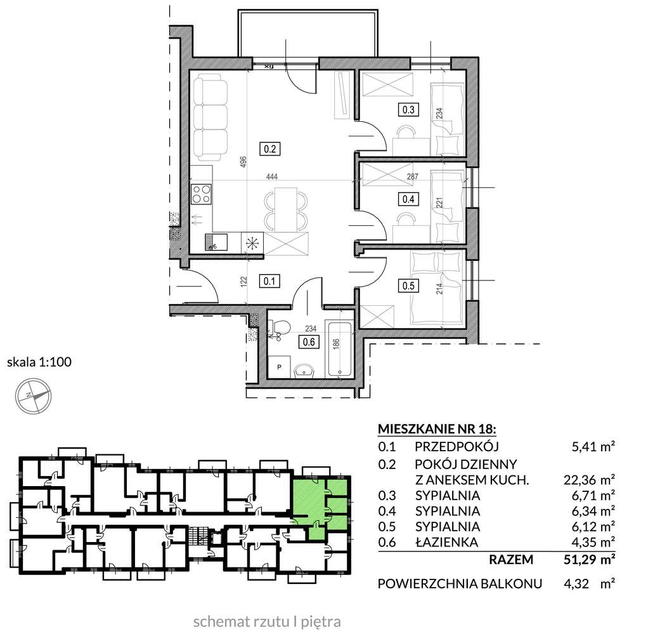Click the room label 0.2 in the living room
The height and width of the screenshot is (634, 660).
coord(270,149)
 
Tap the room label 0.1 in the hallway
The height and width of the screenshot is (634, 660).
coord(269,281)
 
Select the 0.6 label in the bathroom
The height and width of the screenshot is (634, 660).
coord(309,341)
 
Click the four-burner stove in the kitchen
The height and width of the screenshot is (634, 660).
coord(201,194)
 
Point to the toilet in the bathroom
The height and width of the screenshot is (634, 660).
coord(279,328)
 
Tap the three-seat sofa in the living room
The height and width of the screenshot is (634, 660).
coord(210,117)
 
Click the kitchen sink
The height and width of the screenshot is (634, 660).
coord(216,242)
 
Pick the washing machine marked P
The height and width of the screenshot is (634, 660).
coord(280,366)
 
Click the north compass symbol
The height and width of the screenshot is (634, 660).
coord(33,396)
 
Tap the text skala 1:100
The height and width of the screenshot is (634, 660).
coord(39,362)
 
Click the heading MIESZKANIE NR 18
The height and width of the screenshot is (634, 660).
coord(437,429)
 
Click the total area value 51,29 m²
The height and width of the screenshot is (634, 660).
coord(589,560)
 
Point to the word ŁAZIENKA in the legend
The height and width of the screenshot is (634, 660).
coord(446,542)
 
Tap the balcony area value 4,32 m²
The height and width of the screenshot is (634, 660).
coord(589,584)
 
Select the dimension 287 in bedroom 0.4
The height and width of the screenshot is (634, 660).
coord(413,176)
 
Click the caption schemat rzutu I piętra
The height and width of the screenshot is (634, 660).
coord(267,622)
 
